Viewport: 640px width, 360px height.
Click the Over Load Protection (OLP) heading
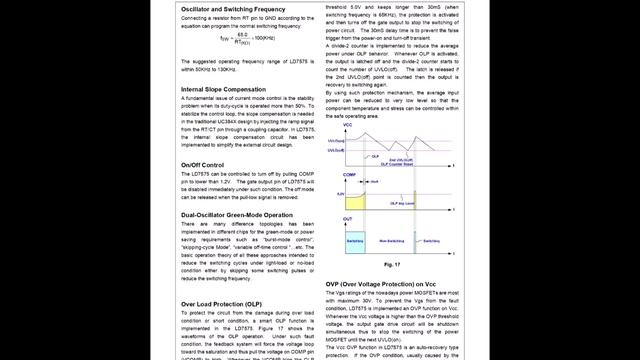[x=221, y=303]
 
